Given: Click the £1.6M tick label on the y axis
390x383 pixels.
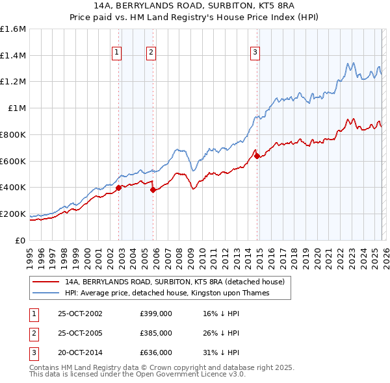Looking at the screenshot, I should [13, 29].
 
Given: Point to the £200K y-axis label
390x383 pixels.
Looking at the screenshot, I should [13, 214].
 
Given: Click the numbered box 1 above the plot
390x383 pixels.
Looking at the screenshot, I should [117, 53].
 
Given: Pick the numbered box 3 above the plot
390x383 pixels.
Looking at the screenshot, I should [255, 53].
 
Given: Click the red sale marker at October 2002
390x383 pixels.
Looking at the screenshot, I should [119, 188].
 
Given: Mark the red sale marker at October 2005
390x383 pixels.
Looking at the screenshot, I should [153, 190].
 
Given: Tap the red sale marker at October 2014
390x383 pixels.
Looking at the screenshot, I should [257, 156].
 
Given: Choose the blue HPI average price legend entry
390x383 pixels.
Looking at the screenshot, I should [166, 293].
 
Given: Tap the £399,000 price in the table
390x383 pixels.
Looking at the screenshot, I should [156, 314].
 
